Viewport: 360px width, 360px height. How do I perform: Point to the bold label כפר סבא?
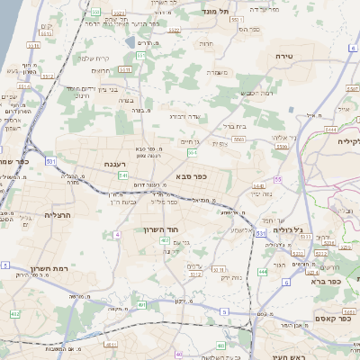click(191, 176)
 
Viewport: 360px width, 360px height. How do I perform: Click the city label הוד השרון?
click(163, 229)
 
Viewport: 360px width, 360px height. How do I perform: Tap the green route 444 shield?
click(262, 271)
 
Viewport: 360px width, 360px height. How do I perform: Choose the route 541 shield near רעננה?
click(122, 175)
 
